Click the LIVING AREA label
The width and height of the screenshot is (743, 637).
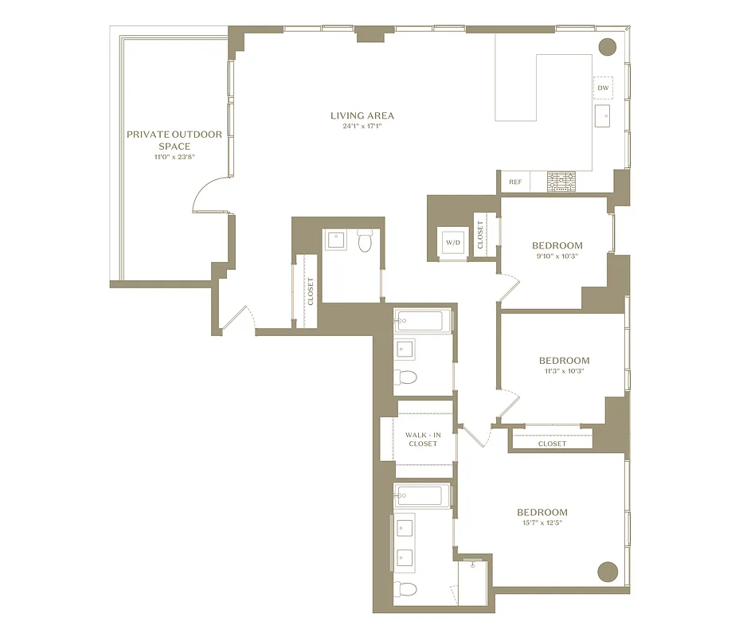[362, 115]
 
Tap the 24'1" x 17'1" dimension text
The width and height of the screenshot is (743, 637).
[362, 127]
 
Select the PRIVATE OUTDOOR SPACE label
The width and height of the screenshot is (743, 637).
[174, 140]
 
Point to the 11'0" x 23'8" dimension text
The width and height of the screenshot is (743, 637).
[174, 157]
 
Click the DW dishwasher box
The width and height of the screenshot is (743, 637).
[603, 88]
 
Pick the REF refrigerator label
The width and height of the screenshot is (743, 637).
[515, 182]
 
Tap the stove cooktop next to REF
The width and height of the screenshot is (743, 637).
[561, 182]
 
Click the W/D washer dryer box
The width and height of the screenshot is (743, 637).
[453, 242]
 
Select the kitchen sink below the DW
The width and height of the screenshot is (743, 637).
[603, 115]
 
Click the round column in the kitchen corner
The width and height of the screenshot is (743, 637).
[607, 46]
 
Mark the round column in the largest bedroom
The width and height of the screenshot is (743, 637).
[608, 571]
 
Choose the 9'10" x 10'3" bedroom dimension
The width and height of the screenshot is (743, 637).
[557, 257]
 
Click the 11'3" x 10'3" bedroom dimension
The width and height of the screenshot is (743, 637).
[564, 372]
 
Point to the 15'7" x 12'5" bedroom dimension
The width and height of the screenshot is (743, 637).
[542, 523]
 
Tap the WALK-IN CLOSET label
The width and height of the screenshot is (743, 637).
[422, 439]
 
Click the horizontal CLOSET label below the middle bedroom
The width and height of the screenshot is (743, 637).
[552, 444]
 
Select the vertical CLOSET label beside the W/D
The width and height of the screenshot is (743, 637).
[480, 235]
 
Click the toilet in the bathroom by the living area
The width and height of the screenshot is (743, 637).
[366, 240]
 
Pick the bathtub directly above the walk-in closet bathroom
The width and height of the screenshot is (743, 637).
[422, 321]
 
